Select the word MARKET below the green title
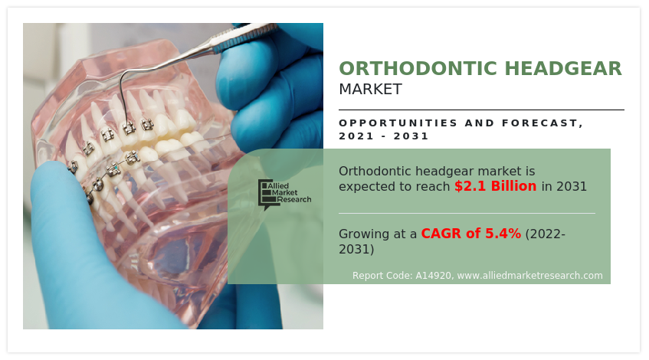coord(370,89)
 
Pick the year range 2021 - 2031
coord(384,136)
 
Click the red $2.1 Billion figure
coord(495,186)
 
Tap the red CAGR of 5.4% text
coord(470,234)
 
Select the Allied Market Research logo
coord(284,195)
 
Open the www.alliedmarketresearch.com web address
coord(529,276)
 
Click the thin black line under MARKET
coord(481,110)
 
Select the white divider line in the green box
coord(466,213)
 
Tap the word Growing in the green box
coord(365,234)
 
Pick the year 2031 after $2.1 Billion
coord(572,186)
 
